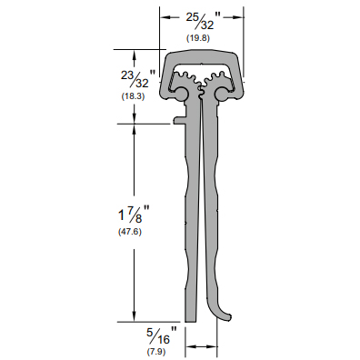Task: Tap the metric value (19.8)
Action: (198, 38)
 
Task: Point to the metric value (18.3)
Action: (133, 96)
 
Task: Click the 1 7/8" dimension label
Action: (134, 214)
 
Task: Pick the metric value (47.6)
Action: (130, 232)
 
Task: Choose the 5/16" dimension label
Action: (162, 335)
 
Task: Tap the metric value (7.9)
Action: (156, 352)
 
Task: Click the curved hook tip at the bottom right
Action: (231, 317)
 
